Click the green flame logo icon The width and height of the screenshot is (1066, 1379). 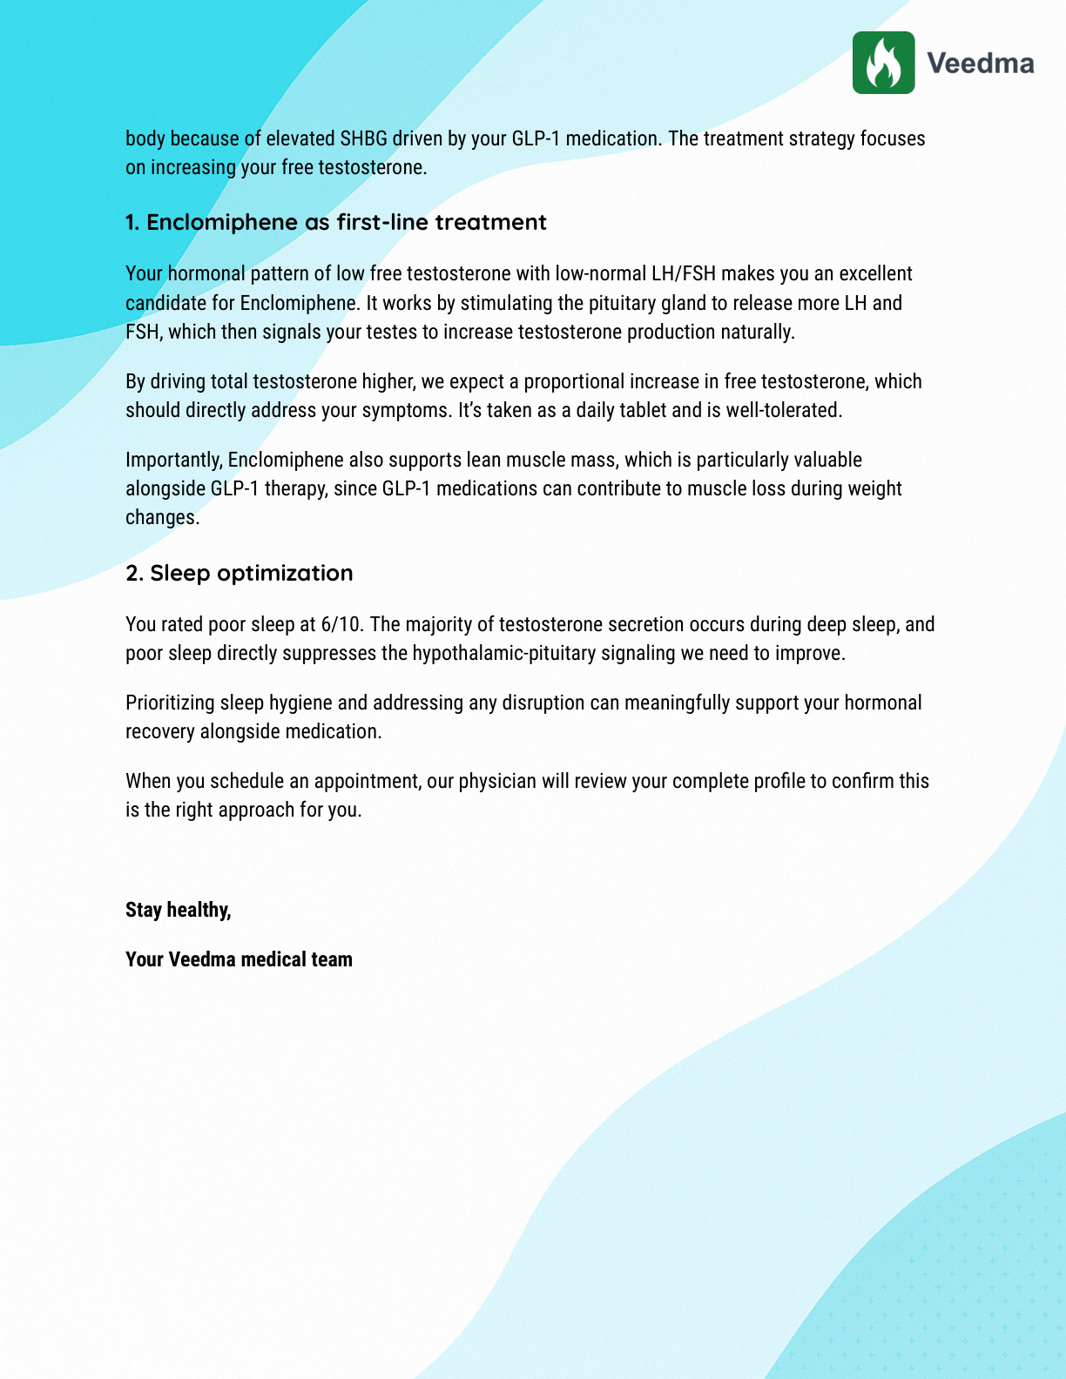pyautogui.click(x=883, y=63)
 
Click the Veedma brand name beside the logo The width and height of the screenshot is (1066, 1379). pyautogui.click(x=980, y=64)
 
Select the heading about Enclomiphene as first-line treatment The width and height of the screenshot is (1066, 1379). pyautogui.click(x=335, y=222)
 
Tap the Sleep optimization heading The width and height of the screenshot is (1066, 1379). pyautogui.click(x=240, y=573)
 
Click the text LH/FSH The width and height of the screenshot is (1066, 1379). pyautogui.click(x=684, y=273)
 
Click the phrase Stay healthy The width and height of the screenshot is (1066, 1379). pyautogui.click(x=178, y=910)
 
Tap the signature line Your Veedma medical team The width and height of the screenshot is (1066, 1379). pyautogui.click(x=239, y=959)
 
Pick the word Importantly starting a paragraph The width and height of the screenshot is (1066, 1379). pyautogui.click(x=173, y=460)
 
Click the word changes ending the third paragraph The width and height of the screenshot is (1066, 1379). pyautogui.click(x=162, y=517)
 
